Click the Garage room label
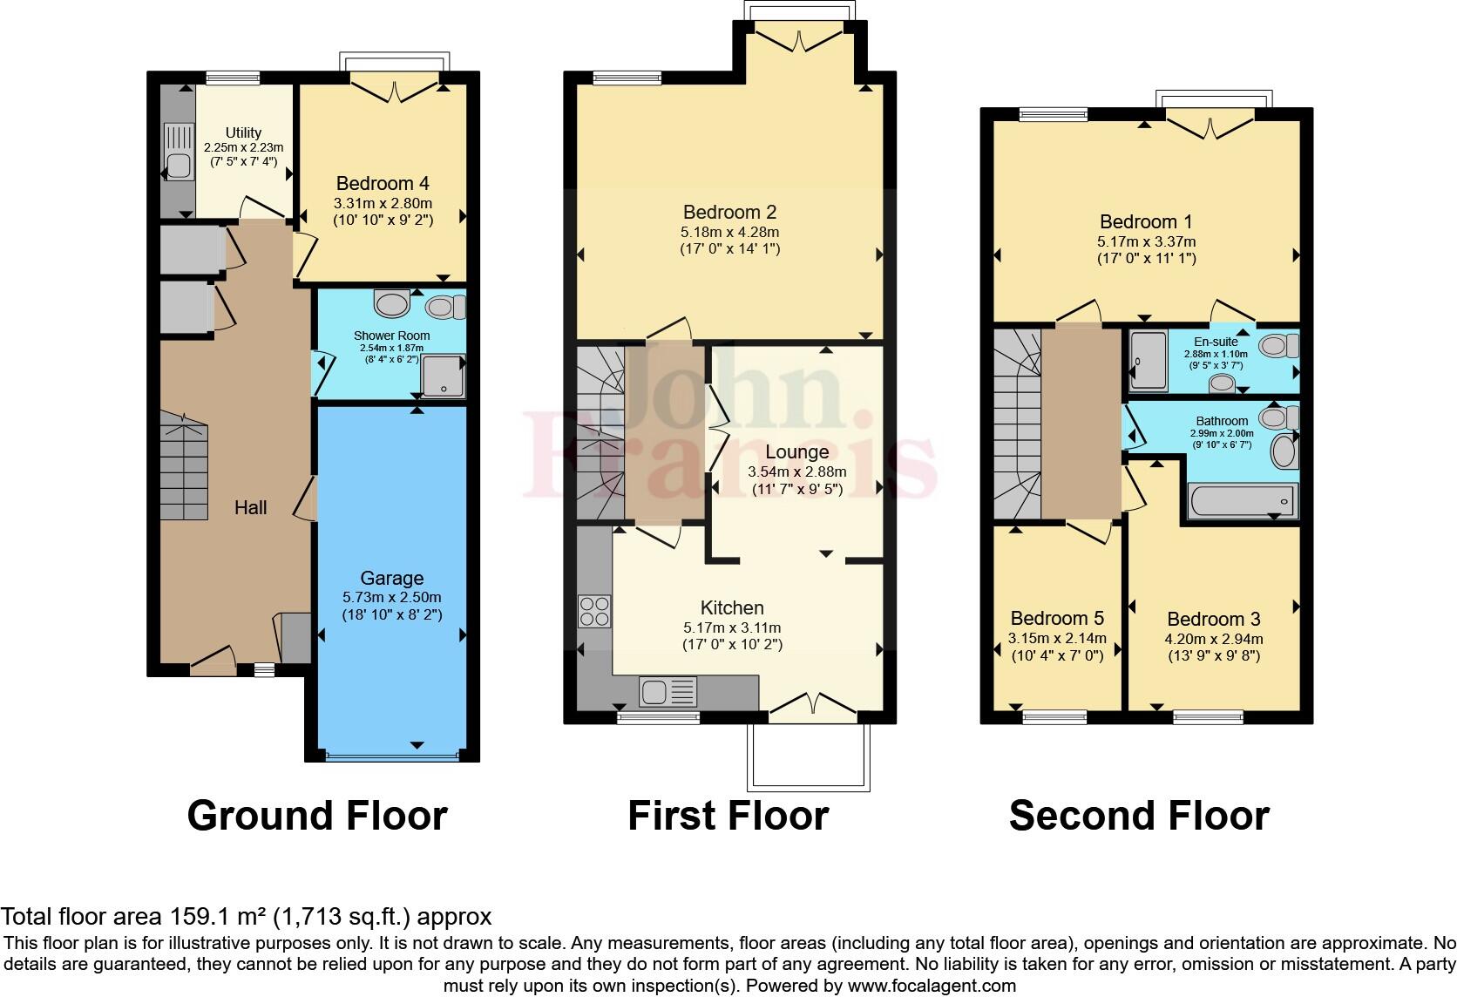click(392, 579)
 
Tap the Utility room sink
click(178, 152)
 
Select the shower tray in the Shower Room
click(444, 376)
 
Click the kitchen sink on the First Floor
click(668, 692)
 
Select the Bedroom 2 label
click(729, 213)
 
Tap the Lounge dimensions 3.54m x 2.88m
click(796, 471)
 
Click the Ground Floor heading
click(317, 816)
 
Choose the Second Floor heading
click(1138, 816)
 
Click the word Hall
click(250, 507)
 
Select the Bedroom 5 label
click(1057, 618)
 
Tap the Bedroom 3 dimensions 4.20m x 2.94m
click(1214, 639)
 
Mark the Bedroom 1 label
click(1146, 222)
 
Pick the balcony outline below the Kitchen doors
click(808, 758)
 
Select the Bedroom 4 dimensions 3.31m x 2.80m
click(383, 202)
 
